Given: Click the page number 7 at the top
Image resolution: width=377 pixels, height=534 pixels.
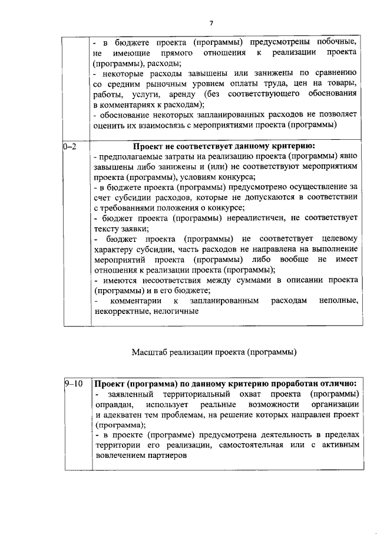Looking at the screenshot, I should [211, 23].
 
